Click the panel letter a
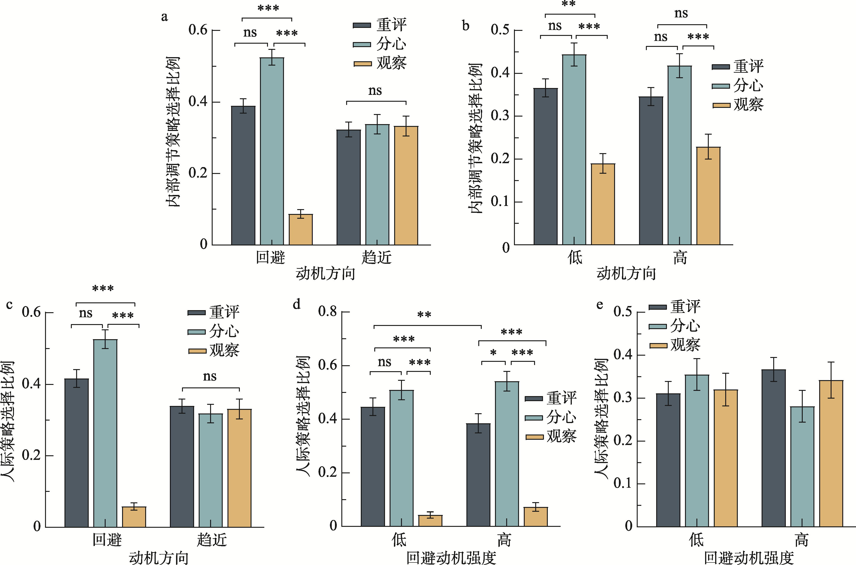click(x=164, y=17)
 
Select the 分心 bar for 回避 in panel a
click(x=272, y=151)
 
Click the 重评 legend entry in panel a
click(x=380, y=25)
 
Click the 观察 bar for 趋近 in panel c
click(x=239, y=468)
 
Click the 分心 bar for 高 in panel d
click(x=507, y=454)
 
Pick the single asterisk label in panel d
click(x=493, y=353)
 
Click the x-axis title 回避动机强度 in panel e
click(x=749, y=558)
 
